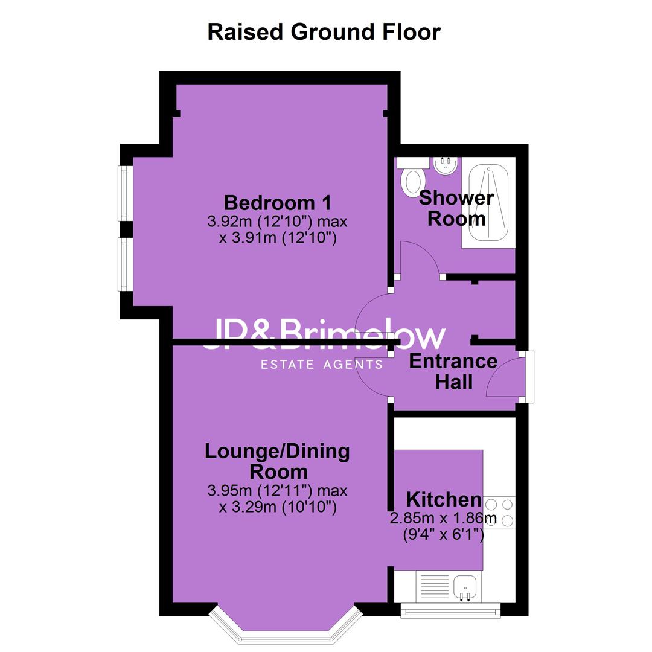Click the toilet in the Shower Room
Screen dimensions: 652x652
(412, 177)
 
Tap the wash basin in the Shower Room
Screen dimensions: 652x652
(446, 166)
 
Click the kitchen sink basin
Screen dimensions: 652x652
(465, 588)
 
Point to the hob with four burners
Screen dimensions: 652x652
(499, 513)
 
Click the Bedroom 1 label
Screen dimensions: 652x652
(278, 203)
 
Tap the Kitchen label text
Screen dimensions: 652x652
(443, 499)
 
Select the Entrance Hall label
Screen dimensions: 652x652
(453, 371)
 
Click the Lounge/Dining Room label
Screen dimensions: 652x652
(278, 462)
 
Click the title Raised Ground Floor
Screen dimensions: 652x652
(324, 32)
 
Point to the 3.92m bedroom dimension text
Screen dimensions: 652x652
(278, 229)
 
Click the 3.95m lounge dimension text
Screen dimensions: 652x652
(278, 499)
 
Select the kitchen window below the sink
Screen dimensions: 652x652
(450, 610)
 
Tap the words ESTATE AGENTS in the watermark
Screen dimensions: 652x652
(321, 365)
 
